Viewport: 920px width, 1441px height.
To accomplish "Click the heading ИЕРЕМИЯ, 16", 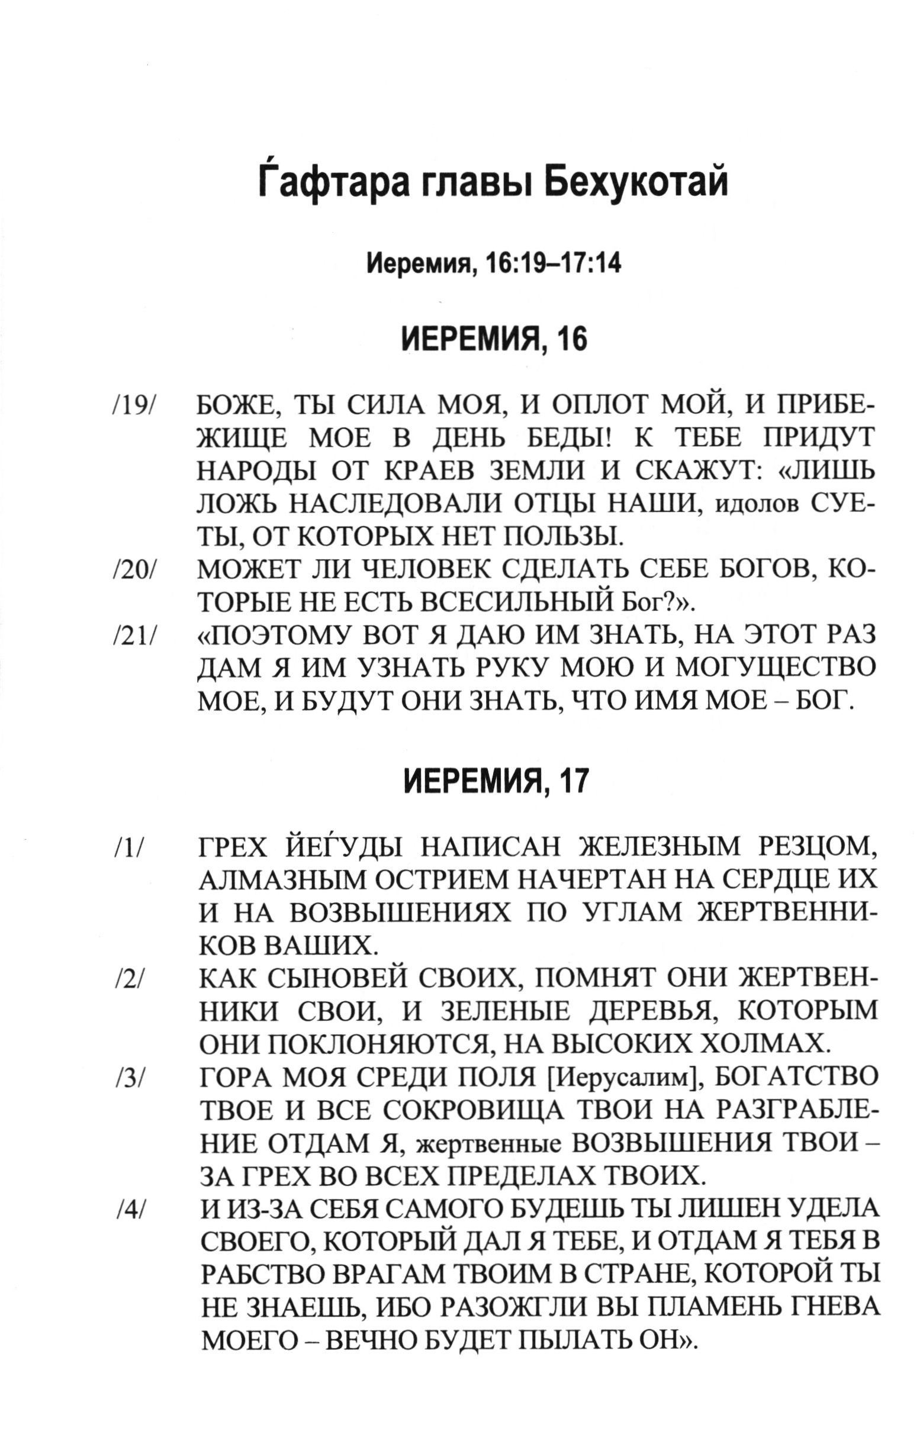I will pos(494,340).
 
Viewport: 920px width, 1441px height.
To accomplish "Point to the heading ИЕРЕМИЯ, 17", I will pos(494,781).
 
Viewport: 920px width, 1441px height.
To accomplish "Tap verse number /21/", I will pos(133,636).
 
